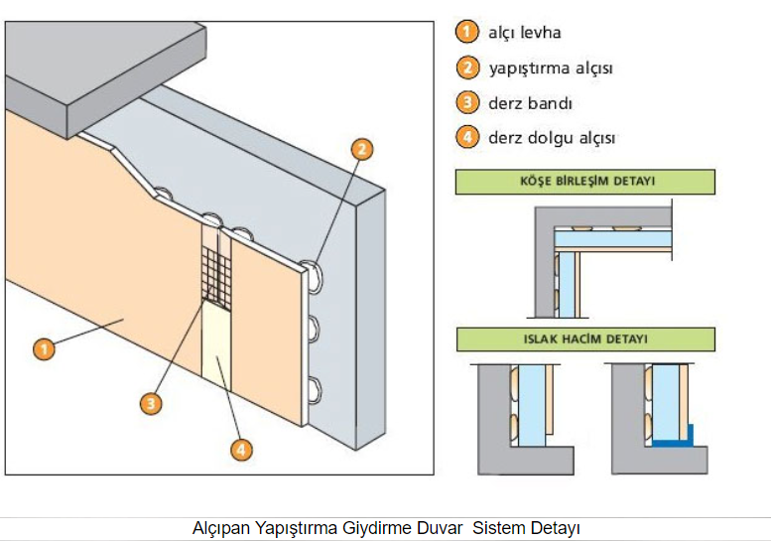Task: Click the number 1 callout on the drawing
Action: pos(43,348)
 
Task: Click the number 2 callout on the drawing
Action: pos(362,149)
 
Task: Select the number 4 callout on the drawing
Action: pos(240,450)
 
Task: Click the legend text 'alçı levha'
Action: pos(524,33)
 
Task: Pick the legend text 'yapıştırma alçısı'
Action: pos(550,68)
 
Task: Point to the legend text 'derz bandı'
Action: pos(530,103)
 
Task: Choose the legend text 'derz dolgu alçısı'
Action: pos(551,138)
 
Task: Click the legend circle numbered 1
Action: pos(467,33)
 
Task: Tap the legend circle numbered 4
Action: pos(467,138)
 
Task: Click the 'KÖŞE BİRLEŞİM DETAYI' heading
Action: pos(585,183)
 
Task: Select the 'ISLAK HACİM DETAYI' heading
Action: pos(585,339)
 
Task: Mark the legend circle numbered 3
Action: pos(467,103)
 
